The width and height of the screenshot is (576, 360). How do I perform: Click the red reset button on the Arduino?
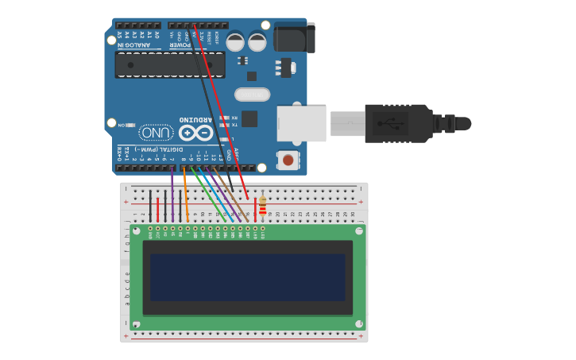point(288,160)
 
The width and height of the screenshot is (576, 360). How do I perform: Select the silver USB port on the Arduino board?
point(301,123)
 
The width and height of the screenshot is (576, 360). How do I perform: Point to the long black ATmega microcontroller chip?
point(170,65)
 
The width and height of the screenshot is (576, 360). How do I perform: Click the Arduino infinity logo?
point(195,132)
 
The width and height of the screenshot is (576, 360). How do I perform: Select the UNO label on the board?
point(157,132)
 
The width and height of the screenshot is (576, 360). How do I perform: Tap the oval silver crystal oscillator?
point(252,95)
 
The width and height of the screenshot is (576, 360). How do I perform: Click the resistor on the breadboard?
point(263,207)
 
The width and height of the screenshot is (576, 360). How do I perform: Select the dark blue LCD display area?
point(247,277)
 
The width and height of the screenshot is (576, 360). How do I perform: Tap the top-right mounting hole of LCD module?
point(359,231)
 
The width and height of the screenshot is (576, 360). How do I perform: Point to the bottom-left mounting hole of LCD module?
point(137,323)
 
